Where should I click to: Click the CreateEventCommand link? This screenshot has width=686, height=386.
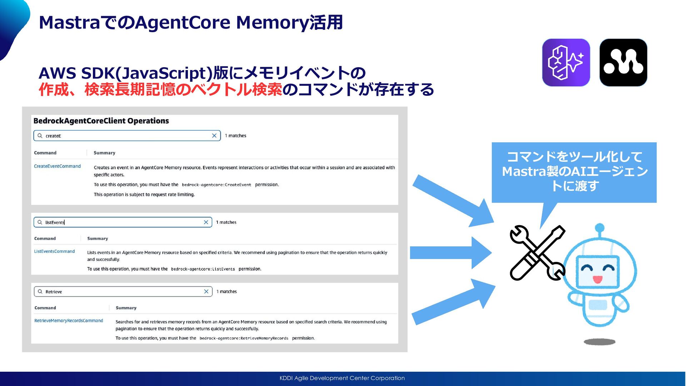[57, 166]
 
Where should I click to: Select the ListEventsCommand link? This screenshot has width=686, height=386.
[54, 251]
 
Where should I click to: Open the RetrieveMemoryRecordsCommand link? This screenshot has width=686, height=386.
[69, 321]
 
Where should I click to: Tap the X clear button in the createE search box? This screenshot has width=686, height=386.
[214, 135]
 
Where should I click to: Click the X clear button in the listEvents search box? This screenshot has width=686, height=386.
[206, 222]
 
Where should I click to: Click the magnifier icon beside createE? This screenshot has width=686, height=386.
[40, 135]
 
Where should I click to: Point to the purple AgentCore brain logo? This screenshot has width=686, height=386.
[566, 63]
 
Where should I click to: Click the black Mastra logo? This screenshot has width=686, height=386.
[623, 63]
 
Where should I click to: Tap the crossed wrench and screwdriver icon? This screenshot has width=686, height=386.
[537, 252]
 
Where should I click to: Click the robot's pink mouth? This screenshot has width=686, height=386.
[597, 279]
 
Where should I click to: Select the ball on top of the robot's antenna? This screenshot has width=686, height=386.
[600, 228]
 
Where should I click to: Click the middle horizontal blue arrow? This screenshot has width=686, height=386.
[450, 253]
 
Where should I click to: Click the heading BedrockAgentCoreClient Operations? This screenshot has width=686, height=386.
[101, 121]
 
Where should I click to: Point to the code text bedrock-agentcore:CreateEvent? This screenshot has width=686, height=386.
[216, 185]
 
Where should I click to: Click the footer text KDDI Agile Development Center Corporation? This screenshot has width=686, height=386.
[342, 378]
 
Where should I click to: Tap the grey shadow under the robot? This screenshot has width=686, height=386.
[599, 342]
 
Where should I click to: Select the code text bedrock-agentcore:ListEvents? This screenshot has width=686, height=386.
[203, 269]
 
